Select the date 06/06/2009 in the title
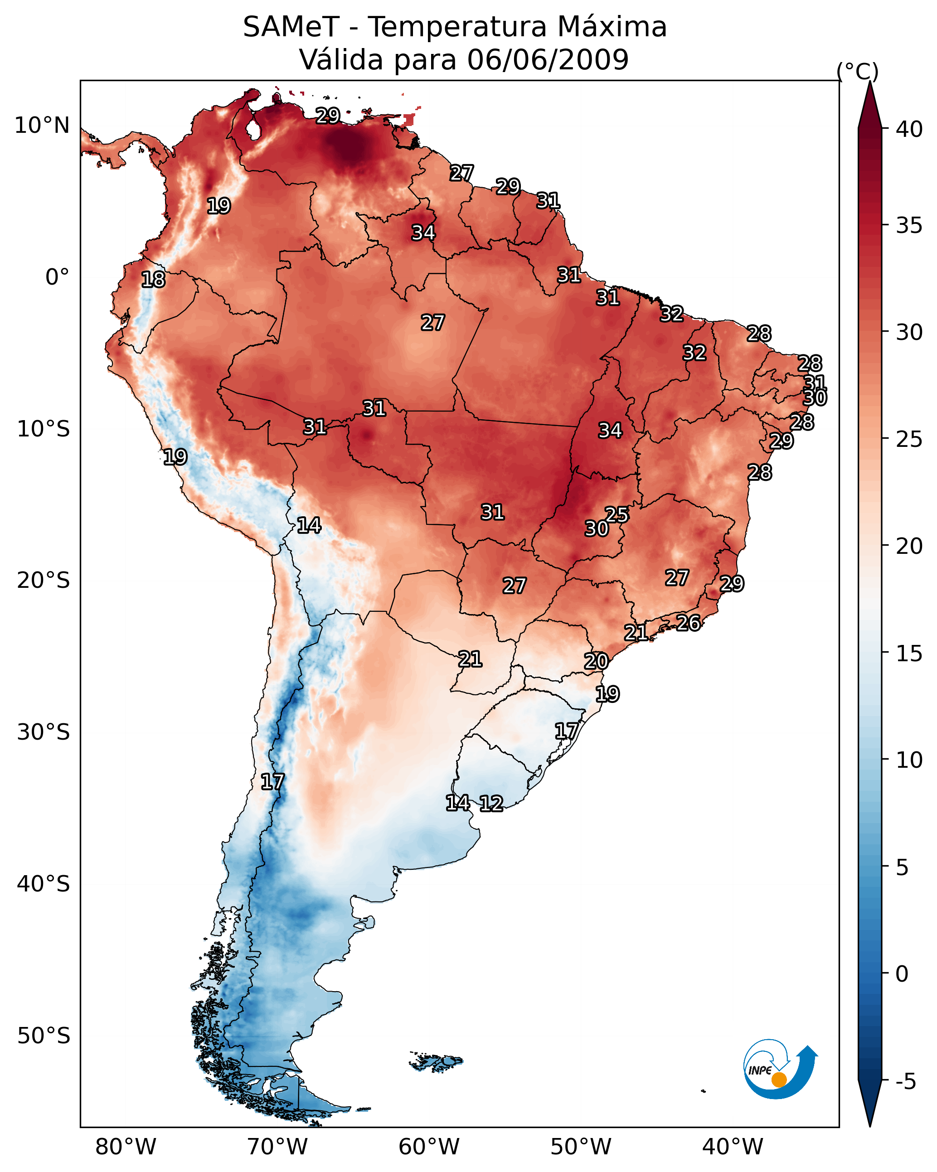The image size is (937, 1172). click(547, 60)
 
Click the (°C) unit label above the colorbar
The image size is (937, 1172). click(857, 71)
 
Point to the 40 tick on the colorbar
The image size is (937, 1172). click(909, 129)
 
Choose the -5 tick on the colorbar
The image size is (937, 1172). click(905, 1081)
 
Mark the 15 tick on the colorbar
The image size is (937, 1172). click(909, 654)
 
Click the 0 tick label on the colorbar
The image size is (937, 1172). click(902, 974)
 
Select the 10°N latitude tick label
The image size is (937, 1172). click(42, 126)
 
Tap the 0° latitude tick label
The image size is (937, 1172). click(57, 277)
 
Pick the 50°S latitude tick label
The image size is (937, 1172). click(44, 1036)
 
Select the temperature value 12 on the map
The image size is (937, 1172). click(491, 804)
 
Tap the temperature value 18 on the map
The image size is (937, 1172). click(153, 280)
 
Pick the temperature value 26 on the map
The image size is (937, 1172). click(689, 622)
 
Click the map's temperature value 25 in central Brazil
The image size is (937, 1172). click(617, 514)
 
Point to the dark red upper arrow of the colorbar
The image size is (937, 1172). click(869, 106)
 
